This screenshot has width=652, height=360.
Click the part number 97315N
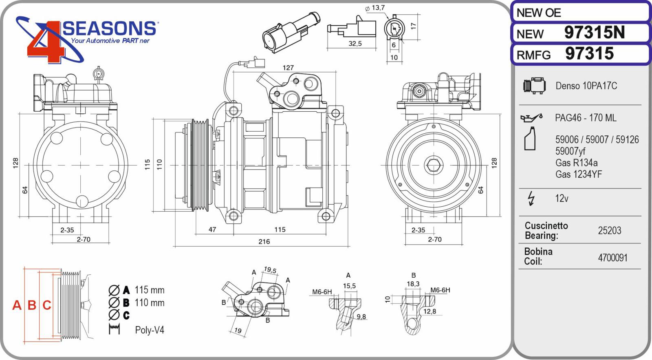point(594,33)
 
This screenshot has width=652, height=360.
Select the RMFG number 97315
point(589,54)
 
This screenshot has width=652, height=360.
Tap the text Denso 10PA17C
point(586,86)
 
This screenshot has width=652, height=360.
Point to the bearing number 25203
point(609,231)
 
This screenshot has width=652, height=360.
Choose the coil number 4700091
point(612,258)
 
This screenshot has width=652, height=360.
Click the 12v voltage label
point(562,199)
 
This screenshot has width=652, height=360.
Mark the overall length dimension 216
point(264,242)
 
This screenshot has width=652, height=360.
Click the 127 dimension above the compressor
point(288,68)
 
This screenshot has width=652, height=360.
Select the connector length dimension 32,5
point(355,44)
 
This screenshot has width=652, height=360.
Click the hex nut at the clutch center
point(432,166)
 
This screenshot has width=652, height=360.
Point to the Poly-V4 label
point(150,330)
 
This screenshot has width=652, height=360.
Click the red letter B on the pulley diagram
point(32,305)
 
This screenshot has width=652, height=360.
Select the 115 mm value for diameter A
point(149,290)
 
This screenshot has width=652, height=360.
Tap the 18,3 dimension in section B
point(413,284)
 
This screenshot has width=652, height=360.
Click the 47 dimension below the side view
point(212,230)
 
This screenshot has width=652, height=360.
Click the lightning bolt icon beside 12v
point(531,199)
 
